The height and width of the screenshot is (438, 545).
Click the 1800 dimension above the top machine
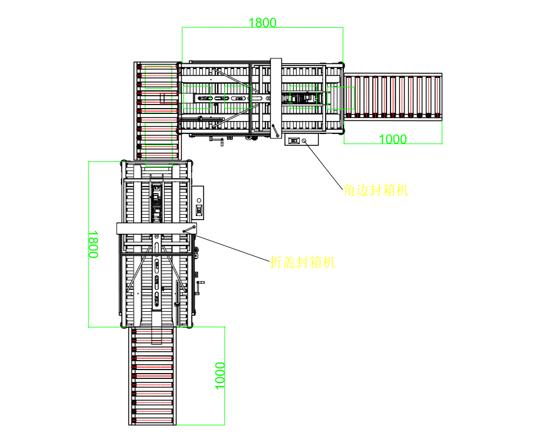(262, 23)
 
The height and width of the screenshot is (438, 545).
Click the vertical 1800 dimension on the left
(93, 244)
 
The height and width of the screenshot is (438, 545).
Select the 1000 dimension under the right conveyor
(392, 139)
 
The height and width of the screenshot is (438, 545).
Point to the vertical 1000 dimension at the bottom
(219, 375)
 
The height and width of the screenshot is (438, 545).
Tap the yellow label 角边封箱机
(375, 191)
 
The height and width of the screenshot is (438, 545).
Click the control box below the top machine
(301, 140)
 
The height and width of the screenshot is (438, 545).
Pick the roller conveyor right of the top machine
(393, 96)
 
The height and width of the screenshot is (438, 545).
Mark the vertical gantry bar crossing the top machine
(276, 98)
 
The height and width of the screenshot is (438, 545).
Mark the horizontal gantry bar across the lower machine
(156, 228)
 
